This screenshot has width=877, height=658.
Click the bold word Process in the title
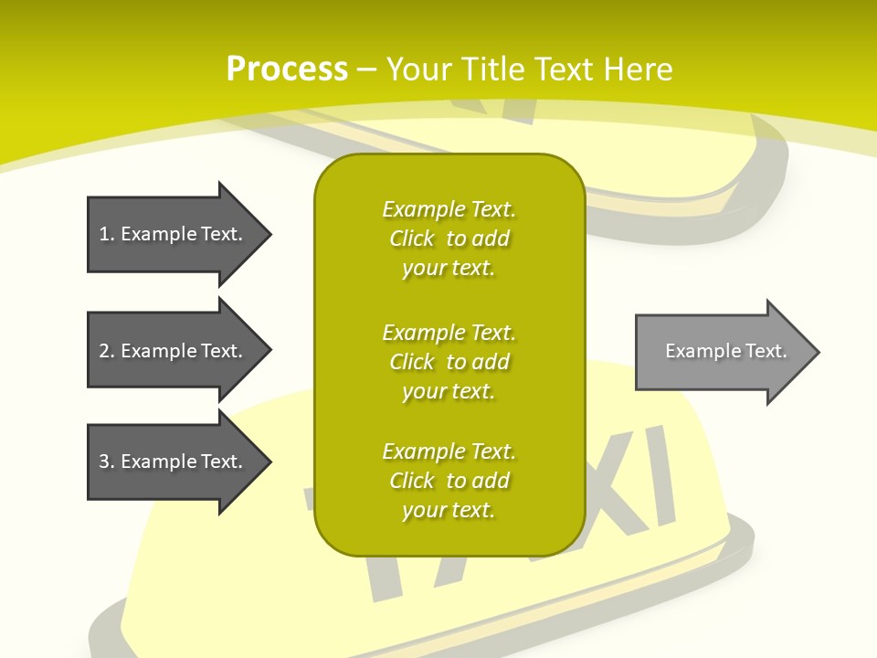pyautogui.click(x=287, y=69)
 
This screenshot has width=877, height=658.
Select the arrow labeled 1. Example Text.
pyautogui.click(x=174, y=234)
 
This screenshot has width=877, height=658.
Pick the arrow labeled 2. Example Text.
pyautogui.click(x=174, y=351)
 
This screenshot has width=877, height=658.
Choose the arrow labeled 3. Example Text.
pyautogui.click(x=174, y=462)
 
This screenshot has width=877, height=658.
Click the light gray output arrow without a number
pyautogui.click(x=722, y=351)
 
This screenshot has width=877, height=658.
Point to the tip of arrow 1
pyautogui.click(x=268, y=234)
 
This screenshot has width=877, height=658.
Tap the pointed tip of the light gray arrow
pyautogui.click(x=816, y=352)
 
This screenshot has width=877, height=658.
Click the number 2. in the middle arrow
pyautogui.click(x=106, y=351)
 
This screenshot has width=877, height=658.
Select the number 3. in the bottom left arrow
pyautogui.click(x=106, y=462)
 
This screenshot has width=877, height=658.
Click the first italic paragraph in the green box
pyautogui.click(x=449, y=239)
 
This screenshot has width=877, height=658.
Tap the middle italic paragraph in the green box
pyautogui.click(x=449, y=362)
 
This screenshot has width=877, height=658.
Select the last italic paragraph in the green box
pyautogui.click(x=449, y=481)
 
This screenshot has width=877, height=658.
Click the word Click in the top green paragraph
pyautogui.click(x=412, y=239)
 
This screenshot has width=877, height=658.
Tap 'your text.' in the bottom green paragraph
pyautogui.click(x=449, y=510)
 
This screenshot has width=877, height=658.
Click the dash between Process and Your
pyautogui.click(x=367, y=69)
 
